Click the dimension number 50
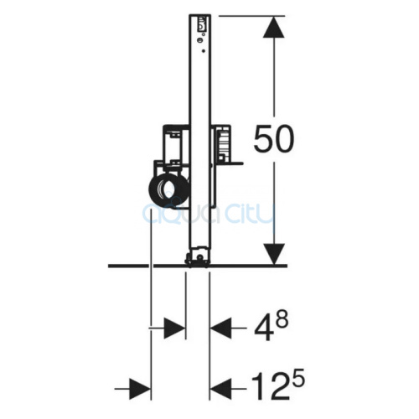pyautogui.click(x=274, y=139)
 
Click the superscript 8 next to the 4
pyautogui.click(x=281, y=320)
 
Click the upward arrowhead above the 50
pyautogui.click(x=274, y=27)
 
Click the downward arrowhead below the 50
pyautogui.click(x=274, y=254)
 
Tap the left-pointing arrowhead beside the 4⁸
pyautogui.click(x=220, y=328)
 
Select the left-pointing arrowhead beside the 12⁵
pyautogui.click(x=220, y=388)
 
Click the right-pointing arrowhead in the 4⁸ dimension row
pyautogui.click(x=174, y=328)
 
